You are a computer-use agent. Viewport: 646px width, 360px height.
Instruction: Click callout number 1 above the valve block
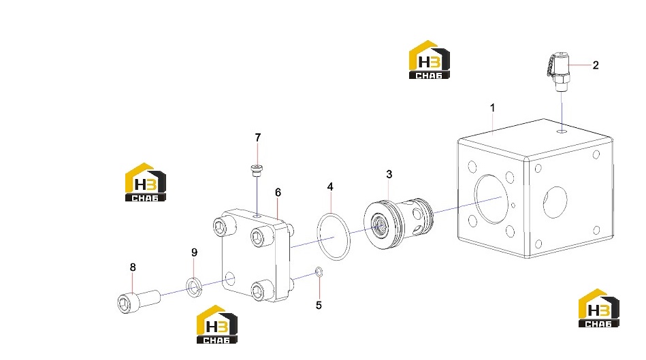coord(492,108)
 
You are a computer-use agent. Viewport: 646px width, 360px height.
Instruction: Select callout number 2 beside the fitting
coord(596,65)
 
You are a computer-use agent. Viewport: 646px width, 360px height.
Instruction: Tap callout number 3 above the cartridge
coord(389,174)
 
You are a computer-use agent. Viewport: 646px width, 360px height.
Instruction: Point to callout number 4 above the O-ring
coord(330,187)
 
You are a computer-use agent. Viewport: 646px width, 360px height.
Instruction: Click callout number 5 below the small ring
coord(319,305)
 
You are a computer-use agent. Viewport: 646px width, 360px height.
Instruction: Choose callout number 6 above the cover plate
coord(278,193)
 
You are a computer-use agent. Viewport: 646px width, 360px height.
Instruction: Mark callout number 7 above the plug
coord(258,137)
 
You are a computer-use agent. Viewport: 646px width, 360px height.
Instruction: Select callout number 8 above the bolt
coord(133,267)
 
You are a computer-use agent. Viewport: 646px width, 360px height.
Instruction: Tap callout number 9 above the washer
coord(195,252)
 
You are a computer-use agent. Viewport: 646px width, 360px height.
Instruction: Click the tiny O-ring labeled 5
coord(319,272)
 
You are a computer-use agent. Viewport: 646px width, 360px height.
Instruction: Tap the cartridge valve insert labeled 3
coord(398,224)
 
